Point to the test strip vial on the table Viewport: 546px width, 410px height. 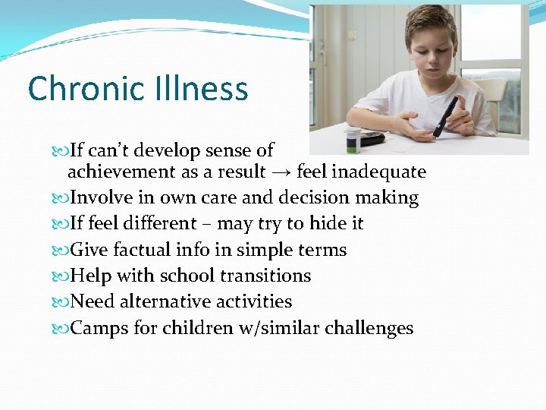353,141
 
